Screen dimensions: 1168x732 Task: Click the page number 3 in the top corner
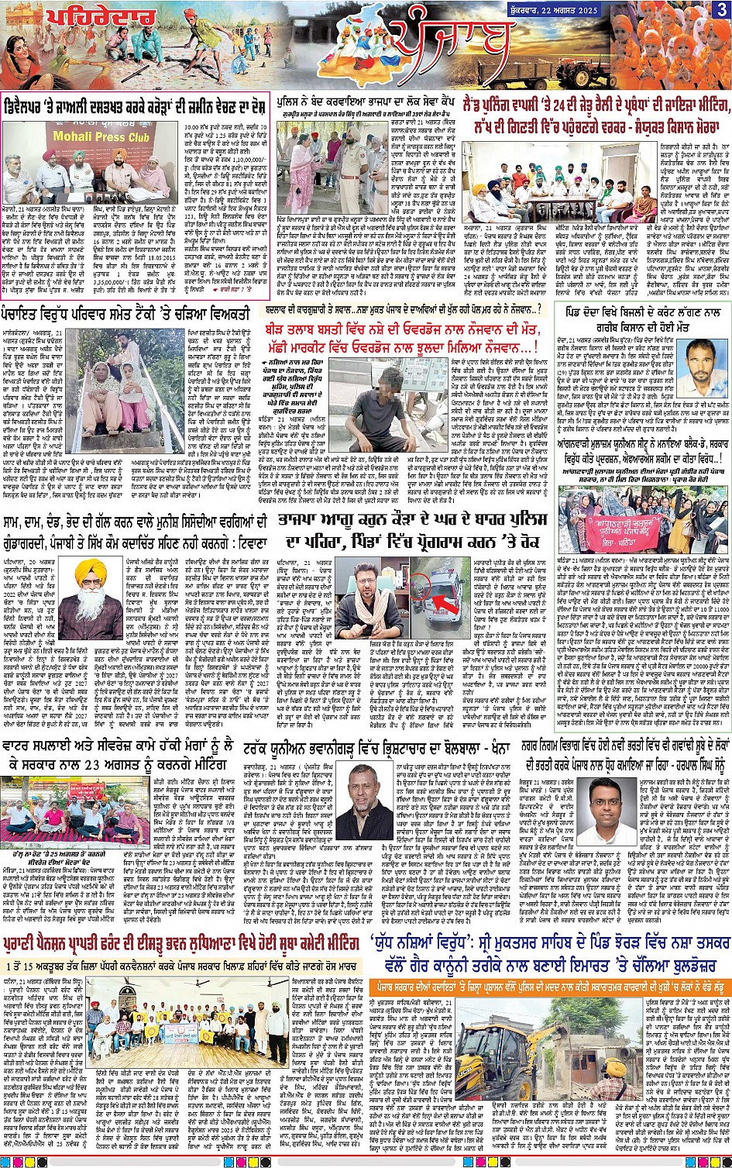point(720,12)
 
